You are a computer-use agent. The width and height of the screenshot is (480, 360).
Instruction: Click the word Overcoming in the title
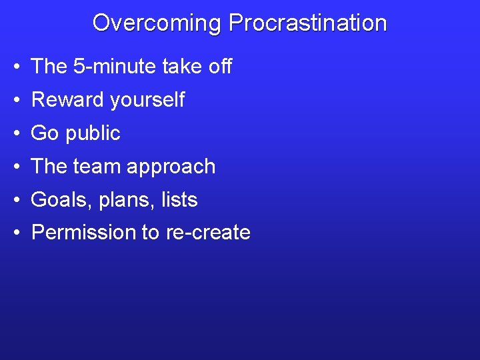(x=157, y=23)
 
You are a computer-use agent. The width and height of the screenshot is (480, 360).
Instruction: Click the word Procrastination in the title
(x=307, y=23)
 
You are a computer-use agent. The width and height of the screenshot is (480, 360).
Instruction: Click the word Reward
(x=68, y=100)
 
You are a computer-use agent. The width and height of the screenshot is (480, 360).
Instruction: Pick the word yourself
(x=147, y=100)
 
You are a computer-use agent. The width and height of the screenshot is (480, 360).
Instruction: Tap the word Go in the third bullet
(x=45, y=133)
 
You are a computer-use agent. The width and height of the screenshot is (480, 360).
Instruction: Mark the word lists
(x=179, y=200)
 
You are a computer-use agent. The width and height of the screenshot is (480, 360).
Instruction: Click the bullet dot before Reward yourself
(x=15, y=101)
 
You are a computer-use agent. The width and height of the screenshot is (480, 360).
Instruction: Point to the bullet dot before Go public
(x=15, y=134)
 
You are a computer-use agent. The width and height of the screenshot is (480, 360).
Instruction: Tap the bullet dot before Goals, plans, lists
(x=15, y=201)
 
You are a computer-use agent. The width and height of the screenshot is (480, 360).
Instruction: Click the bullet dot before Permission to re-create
(x=15, y=233)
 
